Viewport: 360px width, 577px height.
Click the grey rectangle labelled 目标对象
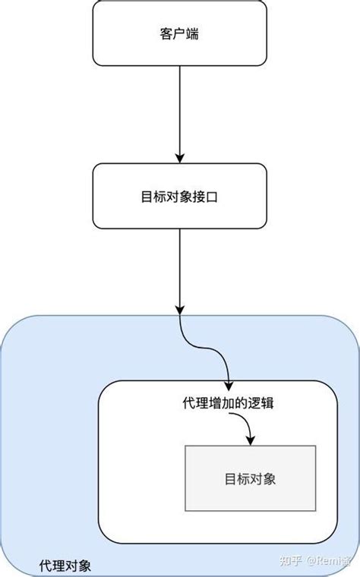click(250, 478)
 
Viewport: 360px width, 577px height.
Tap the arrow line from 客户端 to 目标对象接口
click(180, 106)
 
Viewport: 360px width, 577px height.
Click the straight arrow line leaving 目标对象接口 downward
click(180, 266)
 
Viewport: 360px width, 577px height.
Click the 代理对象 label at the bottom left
click(65, 566)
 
